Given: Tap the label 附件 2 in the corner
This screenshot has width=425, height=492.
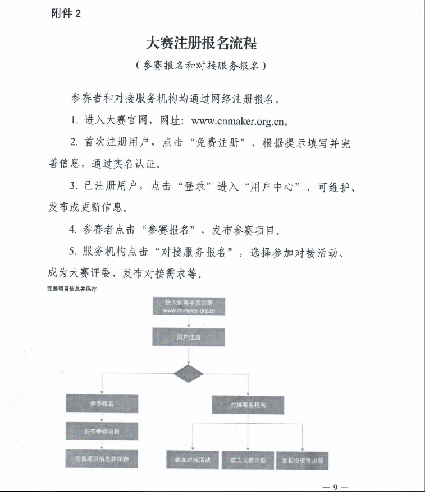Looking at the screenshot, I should [66, 14].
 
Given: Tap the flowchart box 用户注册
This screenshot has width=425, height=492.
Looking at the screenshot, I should [189, 337].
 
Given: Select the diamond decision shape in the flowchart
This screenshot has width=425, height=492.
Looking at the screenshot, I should [189, 373].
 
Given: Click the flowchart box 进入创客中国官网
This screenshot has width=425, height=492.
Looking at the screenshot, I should [189, 307].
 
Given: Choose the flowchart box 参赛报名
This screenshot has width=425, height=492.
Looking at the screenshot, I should [102, 403].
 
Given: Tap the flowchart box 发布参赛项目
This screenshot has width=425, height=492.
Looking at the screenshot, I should [102, 431].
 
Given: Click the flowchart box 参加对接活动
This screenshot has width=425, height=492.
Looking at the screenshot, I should [192, 460].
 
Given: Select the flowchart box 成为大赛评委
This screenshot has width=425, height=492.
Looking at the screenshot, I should [248, 460].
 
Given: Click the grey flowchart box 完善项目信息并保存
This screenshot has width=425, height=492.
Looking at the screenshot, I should [102, 459].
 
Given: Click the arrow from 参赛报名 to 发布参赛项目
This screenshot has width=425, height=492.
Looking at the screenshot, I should [102, 417].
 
